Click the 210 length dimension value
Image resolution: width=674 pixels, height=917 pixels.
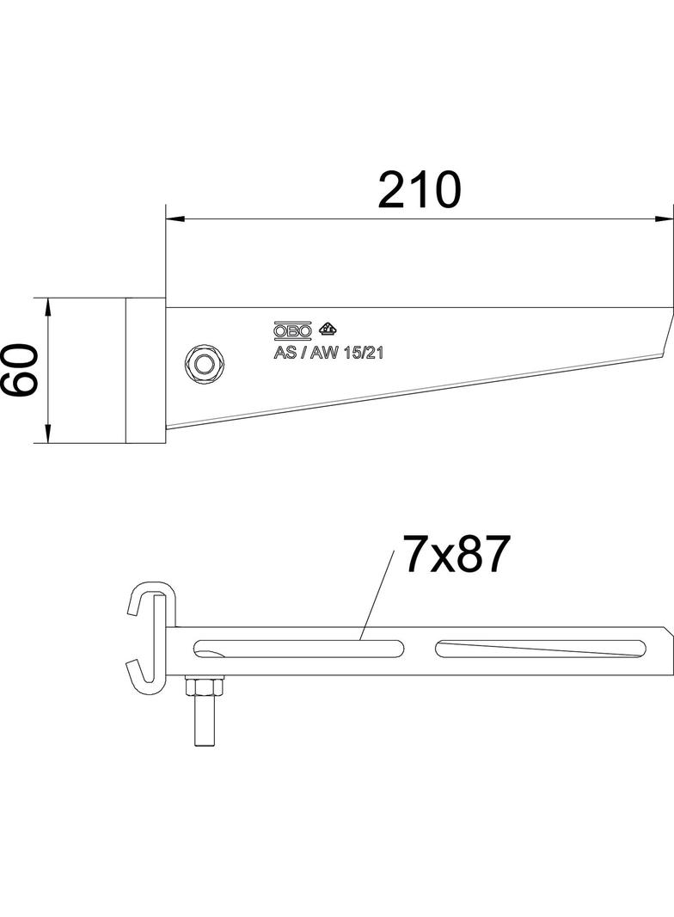[420, 190]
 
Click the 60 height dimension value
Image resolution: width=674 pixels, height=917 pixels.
[20, 370]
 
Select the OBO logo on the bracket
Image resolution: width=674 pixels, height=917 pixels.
[291, 330]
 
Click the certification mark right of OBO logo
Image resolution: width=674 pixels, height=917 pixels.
[328, 329]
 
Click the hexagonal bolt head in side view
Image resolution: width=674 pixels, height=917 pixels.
[204, 364]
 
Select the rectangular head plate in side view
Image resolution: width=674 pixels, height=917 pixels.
[144, 371]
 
